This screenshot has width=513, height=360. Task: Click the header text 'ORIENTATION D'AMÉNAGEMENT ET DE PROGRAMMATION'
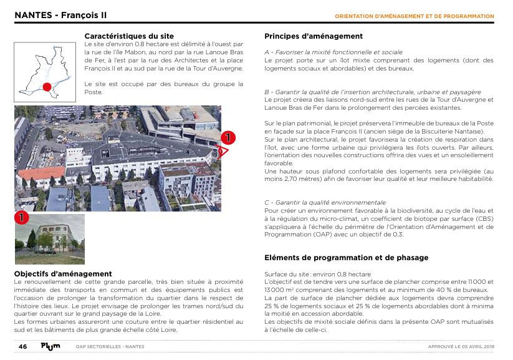tap(415, 16)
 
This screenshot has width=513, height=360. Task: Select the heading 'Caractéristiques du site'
tap(129, 36)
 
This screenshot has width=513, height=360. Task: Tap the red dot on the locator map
tap(46, 87)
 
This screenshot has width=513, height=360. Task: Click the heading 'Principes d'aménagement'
tap(314, 36)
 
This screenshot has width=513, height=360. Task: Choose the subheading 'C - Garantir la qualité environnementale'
tap(325, 202)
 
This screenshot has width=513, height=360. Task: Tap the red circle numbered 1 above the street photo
tap(22, 218)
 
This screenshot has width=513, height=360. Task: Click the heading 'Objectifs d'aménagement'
tap(63, 274)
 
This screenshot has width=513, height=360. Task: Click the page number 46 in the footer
tap(22, 346)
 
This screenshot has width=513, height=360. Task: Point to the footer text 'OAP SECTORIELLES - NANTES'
tap(110, 346)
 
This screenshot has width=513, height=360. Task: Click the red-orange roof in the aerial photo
tap(41, 172)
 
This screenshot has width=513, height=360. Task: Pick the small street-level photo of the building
tap(41, 240)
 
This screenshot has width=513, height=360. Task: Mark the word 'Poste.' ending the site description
tap(93, 92)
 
